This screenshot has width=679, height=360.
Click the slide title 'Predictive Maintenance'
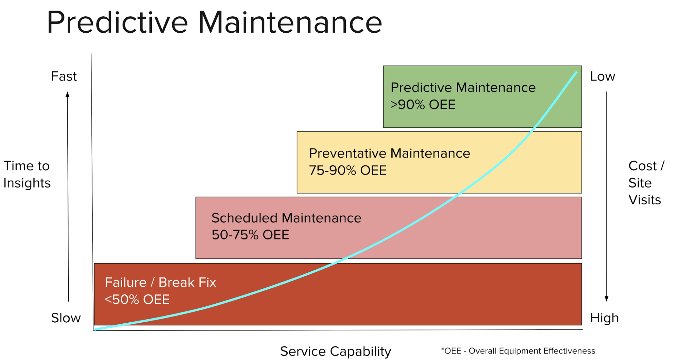tap(214, 23)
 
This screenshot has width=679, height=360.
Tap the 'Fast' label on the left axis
tap(64, 76)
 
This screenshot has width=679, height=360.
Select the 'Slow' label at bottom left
tap(66, 318)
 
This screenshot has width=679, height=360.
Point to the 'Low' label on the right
tap(603, 76)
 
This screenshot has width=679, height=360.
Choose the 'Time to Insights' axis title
tap(27, 175)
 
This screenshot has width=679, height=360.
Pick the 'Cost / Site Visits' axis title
tap(646, 183)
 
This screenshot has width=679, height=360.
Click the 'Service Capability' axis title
tap(336, 352)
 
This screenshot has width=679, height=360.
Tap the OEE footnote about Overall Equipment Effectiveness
tap(518, 351)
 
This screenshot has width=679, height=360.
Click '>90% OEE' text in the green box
tap(423, 105)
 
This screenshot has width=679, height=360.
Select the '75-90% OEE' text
tap(348, 170)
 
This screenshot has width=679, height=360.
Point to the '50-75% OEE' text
tap(250, 235)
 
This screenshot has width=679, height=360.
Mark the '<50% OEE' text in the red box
tap(137, 300)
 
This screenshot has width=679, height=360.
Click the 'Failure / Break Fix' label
tap(160, 283)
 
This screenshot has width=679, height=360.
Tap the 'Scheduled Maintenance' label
tap(286, 218)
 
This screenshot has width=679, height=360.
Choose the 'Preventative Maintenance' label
tap(390, 154)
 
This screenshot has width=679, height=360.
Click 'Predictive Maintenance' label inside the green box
tap(463, 88)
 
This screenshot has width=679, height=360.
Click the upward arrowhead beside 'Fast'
tap(68, 94)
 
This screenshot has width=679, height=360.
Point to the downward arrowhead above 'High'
tap(607, 299)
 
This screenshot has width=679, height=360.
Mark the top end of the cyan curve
tap(576, 72)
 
